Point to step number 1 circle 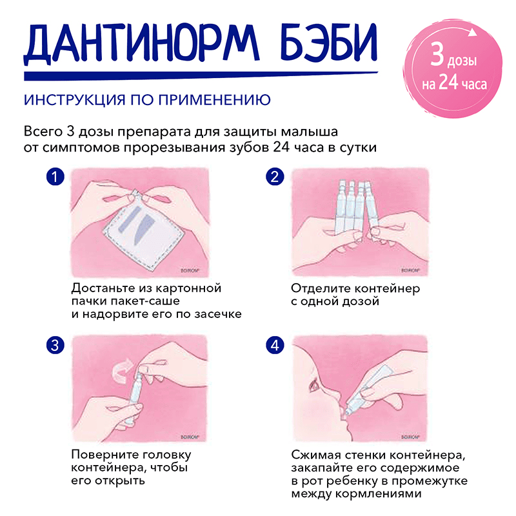coord(57,177)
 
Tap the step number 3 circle coord(57,345)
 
